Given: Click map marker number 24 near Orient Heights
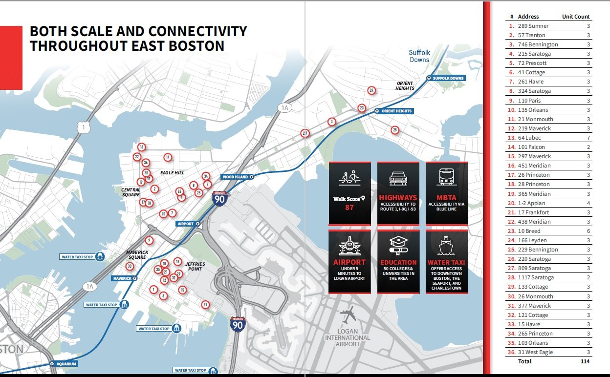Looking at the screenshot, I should click(x=371, y=90).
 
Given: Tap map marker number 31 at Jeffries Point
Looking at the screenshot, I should click(x=205, y=305).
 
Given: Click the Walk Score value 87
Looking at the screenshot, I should click(x=349, y=208).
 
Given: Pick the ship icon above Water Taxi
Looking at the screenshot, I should click(x=446, y=245).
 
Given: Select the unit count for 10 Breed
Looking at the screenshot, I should click(x=588, y=231).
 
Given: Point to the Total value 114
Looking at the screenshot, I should click(x=585, y=361).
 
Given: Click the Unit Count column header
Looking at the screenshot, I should click(x=576, y=17).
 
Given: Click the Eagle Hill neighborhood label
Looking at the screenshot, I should click(x=172, y=173).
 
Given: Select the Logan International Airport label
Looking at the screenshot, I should click(x=348, y=337).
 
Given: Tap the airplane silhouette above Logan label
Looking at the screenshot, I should click(x=348, y=314).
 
